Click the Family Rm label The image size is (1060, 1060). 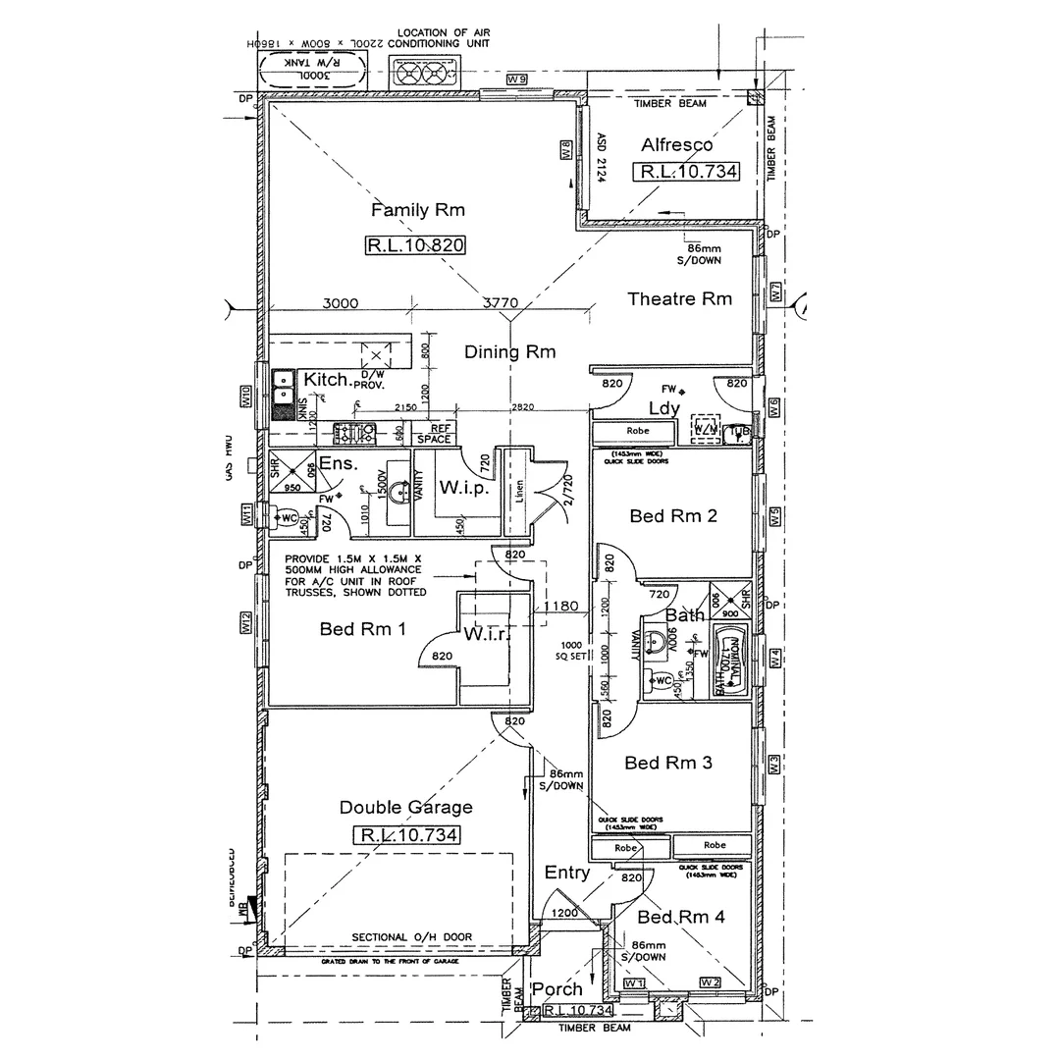(417, 210)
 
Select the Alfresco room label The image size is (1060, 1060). (677, 145)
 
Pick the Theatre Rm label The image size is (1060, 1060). (679, 298)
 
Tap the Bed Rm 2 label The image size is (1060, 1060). (672, 515)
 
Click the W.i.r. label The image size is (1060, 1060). (485, 635)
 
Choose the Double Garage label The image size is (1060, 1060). (405, 807)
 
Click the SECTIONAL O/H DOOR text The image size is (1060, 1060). (411, 937)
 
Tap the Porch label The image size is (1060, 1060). (556, 988)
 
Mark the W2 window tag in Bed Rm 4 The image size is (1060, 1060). (710, 982)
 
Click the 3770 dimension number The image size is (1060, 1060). (500, 303)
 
